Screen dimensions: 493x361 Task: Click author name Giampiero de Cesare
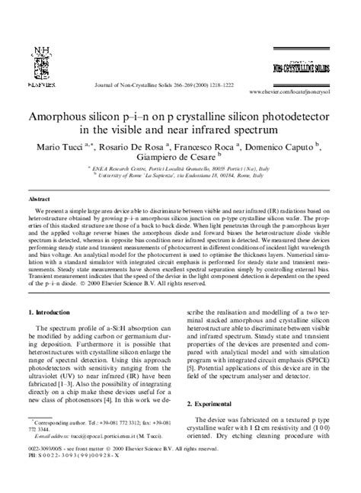coord(180,157)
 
